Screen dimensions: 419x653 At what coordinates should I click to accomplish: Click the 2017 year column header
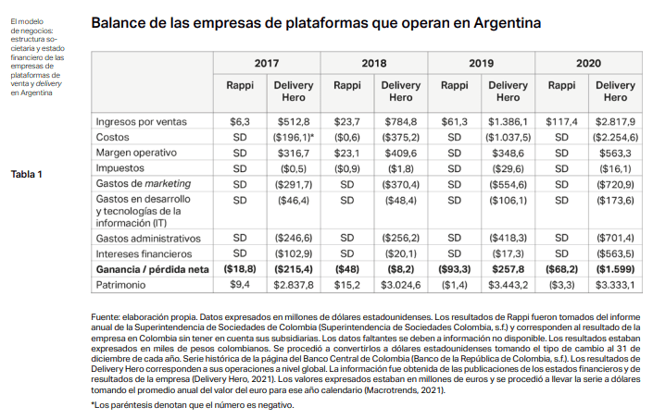click(x=268, y=63)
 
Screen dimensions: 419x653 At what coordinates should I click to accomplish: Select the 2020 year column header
click(x=587, y=63)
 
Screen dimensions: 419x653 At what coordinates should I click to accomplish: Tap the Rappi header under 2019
click(x=454, y=85)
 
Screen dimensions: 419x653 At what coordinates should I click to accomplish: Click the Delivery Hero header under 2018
click(x=400, y=91)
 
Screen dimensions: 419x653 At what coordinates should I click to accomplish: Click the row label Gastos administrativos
click(x=148, y=238)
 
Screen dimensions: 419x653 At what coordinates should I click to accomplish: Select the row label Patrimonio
click(x=125, y=285)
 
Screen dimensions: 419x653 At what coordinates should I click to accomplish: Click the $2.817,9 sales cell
click(x=614, y=122)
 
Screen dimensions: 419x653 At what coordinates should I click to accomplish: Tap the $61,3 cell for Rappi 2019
click(x=454, y=122)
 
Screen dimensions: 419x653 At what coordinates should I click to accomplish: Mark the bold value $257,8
click(x=508, y=269)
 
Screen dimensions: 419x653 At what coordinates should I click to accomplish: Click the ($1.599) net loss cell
click(x=614, y=269)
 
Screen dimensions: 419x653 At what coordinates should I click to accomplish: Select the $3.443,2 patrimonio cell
click(x=508, y=285)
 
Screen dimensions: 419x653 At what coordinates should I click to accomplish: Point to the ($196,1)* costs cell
click(x=295, y=138)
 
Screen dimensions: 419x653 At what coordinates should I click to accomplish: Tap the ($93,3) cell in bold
click(x=454, y=269)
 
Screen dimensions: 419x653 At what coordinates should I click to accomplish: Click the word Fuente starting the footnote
click(x=106, y=317)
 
